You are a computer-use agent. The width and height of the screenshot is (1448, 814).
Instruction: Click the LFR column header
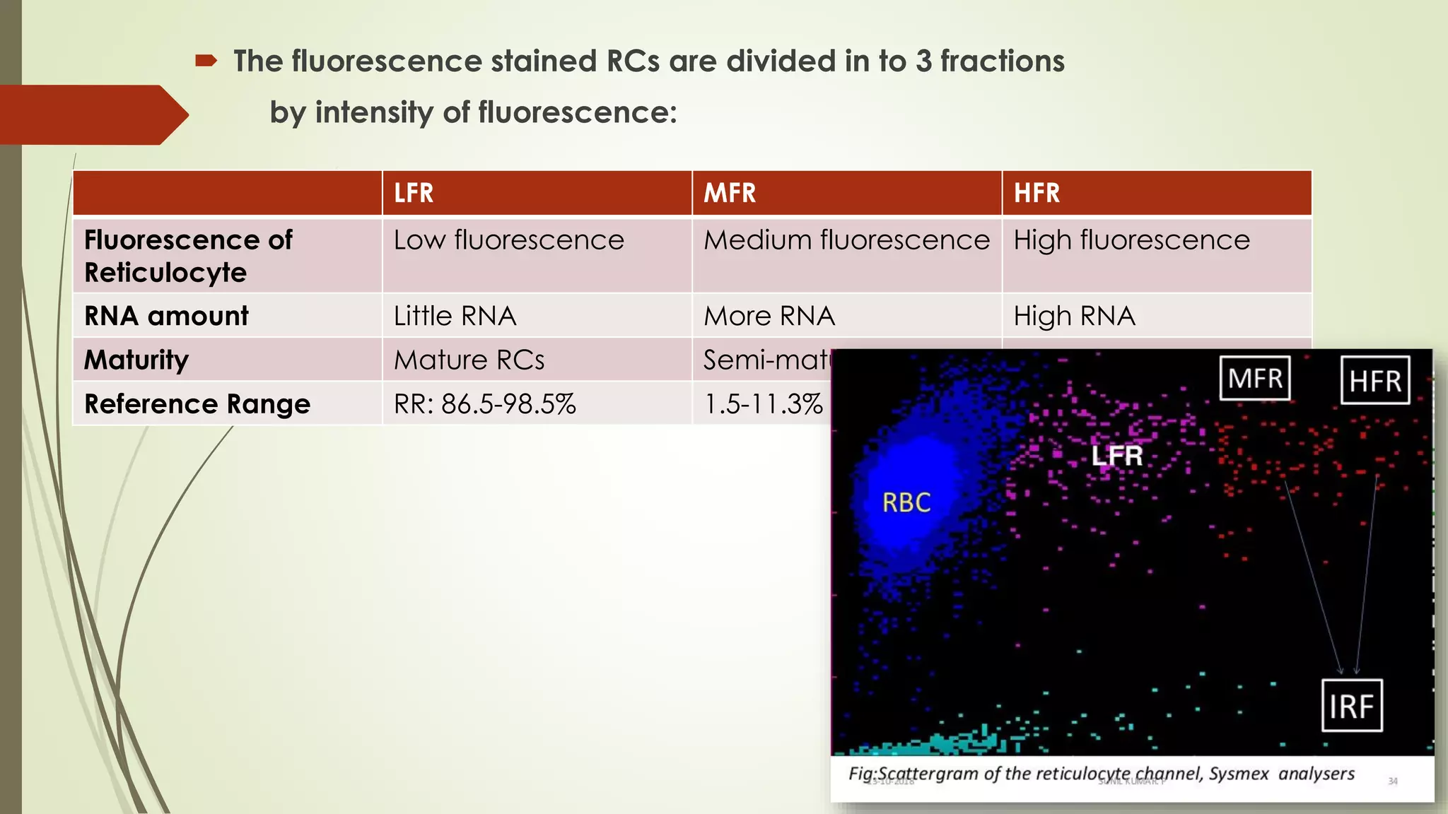click(414, 193)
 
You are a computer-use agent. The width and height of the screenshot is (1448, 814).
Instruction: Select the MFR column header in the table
click(730, 193)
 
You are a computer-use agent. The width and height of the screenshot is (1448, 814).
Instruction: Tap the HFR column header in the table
click(1037, 193)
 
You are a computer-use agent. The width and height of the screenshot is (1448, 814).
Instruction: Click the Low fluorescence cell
click(509, 240)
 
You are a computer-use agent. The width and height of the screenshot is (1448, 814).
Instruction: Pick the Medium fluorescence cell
click(846, 240)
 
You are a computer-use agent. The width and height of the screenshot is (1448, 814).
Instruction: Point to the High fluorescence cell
click(1131, 240)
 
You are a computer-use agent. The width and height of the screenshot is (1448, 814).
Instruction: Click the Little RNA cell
click(455, 316)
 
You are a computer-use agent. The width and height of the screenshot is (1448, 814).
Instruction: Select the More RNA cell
click(769, 316)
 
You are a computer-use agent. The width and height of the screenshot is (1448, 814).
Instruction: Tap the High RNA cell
click(1074, 316)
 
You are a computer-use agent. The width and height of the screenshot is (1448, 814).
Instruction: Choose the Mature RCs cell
click(469, 360)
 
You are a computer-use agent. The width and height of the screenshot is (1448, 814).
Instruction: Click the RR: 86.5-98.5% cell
click(485, 404)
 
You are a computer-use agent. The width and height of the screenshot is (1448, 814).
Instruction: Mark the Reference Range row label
click(197, 404)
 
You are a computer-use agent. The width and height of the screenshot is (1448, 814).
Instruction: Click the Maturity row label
click(136, 360)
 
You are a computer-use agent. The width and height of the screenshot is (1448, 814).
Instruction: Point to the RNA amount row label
click(166, 316)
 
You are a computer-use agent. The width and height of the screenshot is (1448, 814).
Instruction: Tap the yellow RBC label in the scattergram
click(906, 502)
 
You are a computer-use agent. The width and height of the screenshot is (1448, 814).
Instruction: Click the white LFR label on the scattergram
click(1116, 456)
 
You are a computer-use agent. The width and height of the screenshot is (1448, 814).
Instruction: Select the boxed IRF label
click(1351, 706)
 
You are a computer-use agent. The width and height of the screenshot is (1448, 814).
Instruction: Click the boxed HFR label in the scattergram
click(1374, 381)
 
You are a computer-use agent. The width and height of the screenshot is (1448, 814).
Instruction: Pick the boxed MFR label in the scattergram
click(1255, 378)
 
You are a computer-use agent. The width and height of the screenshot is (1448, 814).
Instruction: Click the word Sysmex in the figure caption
click(1239, 774)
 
